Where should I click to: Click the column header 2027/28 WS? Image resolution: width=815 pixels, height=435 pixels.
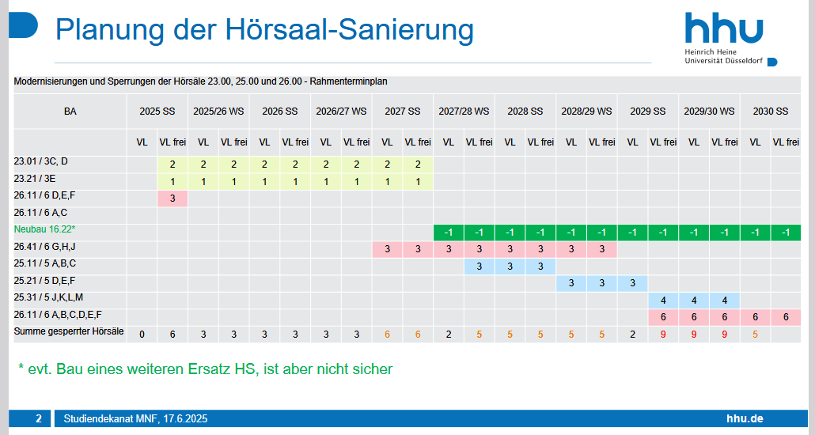(464, 112)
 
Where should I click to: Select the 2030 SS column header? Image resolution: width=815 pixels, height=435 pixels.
(771, 112)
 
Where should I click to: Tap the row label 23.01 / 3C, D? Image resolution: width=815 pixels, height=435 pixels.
(40, 161)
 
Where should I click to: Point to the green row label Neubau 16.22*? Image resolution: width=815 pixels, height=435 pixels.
(44, 229)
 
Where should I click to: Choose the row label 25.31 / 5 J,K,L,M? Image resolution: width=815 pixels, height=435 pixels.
(48, 297)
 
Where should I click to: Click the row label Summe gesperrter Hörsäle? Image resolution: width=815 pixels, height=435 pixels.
(69, 331)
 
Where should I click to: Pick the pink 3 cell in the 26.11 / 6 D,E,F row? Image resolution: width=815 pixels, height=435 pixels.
(172, 199)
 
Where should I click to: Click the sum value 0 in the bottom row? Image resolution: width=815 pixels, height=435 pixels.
(142, 335)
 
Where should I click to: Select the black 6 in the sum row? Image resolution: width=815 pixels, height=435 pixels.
(172, 335)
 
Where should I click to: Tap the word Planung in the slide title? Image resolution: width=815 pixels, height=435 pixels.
(110, 29)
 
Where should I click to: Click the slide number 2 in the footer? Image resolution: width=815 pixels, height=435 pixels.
(39, 418)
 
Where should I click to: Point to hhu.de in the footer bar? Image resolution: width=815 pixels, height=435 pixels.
(745, 418)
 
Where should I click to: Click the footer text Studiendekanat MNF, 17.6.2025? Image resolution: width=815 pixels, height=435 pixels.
(135, 418)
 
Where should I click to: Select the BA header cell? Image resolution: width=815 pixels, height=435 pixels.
(70, 112)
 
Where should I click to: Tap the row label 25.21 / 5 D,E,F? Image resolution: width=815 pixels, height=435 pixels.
(44, 281)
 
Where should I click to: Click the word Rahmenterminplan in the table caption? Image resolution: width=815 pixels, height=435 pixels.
(348, 81)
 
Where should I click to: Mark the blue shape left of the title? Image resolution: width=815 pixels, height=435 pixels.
(24, 25)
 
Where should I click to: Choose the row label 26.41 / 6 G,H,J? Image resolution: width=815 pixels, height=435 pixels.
(44, 246)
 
